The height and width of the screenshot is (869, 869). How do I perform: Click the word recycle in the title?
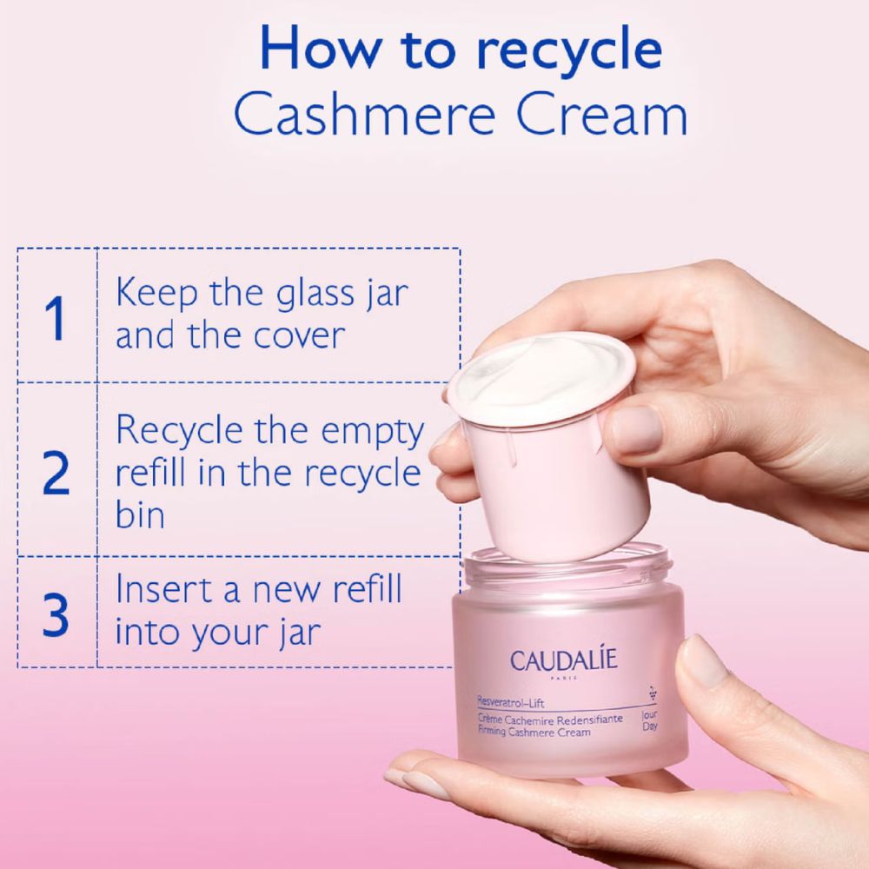pos(572,50)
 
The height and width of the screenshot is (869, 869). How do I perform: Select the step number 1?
pos(55,318)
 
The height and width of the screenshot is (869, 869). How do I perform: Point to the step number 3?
pos(56,614)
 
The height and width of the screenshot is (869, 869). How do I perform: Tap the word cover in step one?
pos(296,335)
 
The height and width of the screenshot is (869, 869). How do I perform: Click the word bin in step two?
pos(140,514)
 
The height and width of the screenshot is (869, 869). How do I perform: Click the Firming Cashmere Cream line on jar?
pos(534,733)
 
